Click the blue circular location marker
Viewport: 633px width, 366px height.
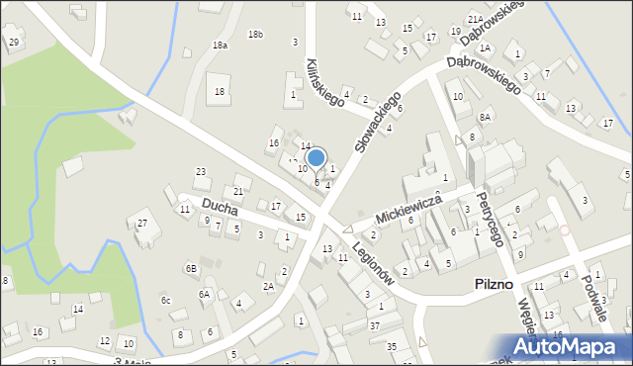click(x=316, y=157)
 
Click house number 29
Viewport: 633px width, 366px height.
click(x=13, y=42)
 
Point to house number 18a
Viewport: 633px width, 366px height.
click(x=220, y=46)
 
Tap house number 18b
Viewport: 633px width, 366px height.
click(x=255, y=35)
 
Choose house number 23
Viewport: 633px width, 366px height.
click(x=201, y=172)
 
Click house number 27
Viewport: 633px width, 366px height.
click(x=142, y=223)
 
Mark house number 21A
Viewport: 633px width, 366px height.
click(x=475, y=20)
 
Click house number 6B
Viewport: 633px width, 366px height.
click(x=191, y=268)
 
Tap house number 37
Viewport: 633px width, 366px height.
click(x=374, y=325)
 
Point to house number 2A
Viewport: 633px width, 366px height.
click(x=268, y=287)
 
